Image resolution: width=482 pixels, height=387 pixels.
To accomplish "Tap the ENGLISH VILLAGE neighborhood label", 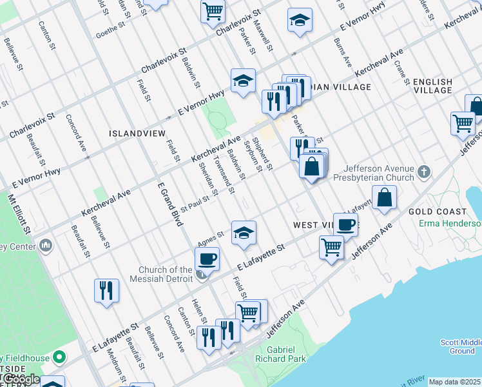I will point(432,86).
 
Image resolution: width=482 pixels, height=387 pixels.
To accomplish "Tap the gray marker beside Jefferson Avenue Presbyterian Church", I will point(423,172).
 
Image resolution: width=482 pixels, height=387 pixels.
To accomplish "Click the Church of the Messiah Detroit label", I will point(166,274).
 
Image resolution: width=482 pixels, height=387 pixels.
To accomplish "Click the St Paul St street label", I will point(195,205).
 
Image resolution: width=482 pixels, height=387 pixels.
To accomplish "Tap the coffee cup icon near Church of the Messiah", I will point(207,259).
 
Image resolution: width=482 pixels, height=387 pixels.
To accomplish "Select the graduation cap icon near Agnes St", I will point(244,233).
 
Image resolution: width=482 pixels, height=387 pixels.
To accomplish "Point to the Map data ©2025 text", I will point(454,382).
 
